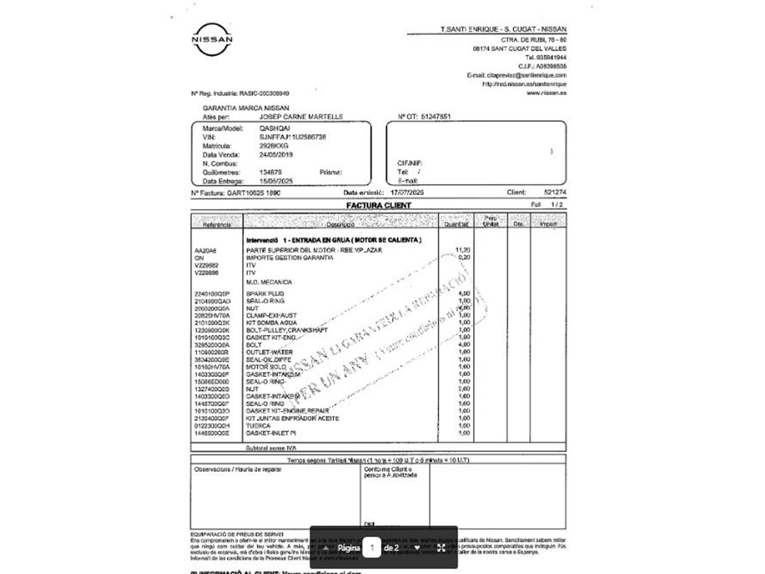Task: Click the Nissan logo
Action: pyautogui.click(x=212, y=39)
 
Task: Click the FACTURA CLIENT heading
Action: pyautogui.click(x=378, y=205)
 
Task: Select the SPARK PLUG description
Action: pyautogui.click(x=265, y=294)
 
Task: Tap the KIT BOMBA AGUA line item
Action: pyautogui.click(x=271, y=323)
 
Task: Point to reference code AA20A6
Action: pyautogui.click(x=205, y=251)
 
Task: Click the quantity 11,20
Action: pyautogui.click(x=462, y=250)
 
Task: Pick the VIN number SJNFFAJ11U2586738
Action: pyautogui.click(x=293, y=137)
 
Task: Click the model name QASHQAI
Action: pyautogui.click(x=275, y=128)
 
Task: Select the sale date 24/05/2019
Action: pyautogui.click(x=276, y=155)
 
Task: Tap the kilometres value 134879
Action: pyautogui.click(x=270, y=172)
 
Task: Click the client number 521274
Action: pyautogui.click(x=555, y=192)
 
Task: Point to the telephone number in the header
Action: pyautogui.click(x=546, y=57)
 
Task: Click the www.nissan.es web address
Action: pyautogui.click(x=546, y=93)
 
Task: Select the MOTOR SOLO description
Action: pyautogui.click(x=266, y=367)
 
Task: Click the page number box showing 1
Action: pyautogui.click(x=372, y=548)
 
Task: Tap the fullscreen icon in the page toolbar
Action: pyautogui.click(x=441, y=548)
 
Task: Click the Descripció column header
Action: pyautogui.click(x=340, y=224)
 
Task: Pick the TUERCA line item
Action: pyautogui.click(x=258, y=426)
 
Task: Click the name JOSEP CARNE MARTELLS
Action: pyautogui.click(x=301, y=117)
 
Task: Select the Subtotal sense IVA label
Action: pyautogui.click(x=271, y=448)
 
